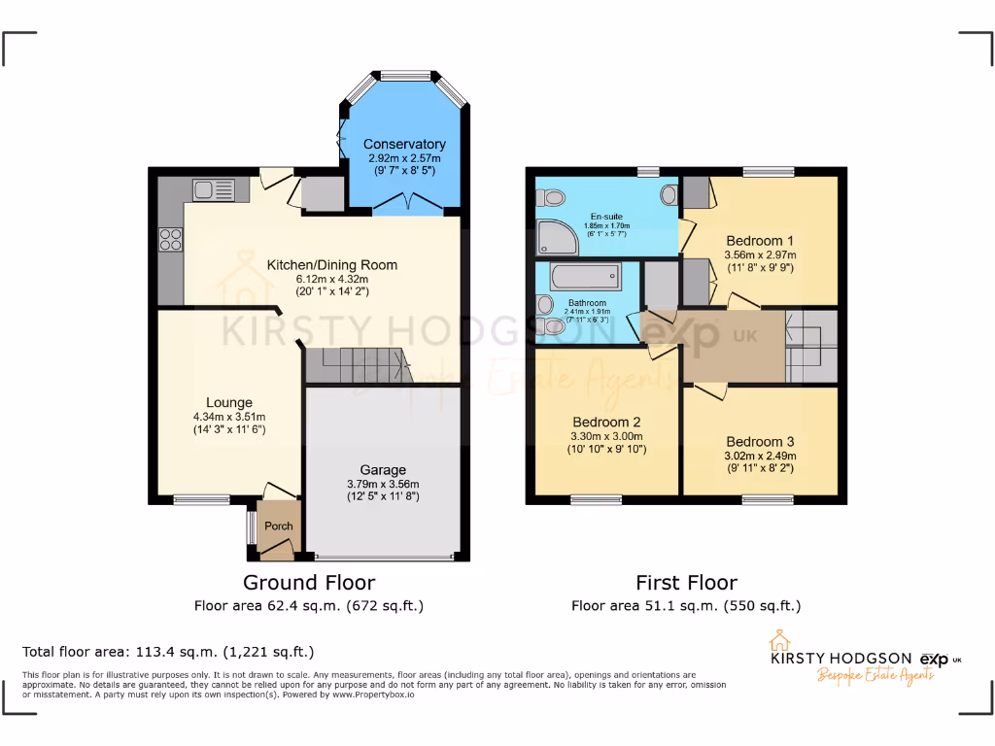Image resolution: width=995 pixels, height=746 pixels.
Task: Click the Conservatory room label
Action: (404, 145)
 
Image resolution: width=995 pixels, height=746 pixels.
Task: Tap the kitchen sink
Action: (214, 189)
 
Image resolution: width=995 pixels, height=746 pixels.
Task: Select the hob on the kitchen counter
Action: (171, 238)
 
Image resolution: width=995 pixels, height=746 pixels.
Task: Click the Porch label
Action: (279, 526)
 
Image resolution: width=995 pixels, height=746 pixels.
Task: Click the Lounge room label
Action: (229, 402)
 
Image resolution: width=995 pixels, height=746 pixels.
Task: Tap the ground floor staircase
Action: (358, 366)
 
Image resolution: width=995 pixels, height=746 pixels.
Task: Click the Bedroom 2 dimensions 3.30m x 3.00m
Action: (606, 436)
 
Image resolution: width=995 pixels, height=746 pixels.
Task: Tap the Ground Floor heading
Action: (308, 583)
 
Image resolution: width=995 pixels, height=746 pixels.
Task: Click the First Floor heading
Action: (686, 583)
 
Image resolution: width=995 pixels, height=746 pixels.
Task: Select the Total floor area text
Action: (168, 652)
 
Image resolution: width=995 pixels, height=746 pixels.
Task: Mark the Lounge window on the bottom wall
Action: (202, 499)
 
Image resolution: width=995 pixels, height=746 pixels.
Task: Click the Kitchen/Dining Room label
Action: (332, 264)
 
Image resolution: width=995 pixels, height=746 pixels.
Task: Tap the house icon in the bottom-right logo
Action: (777, 641)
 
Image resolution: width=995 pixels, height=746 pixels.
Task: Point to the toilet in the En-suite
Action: (554, 198)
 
